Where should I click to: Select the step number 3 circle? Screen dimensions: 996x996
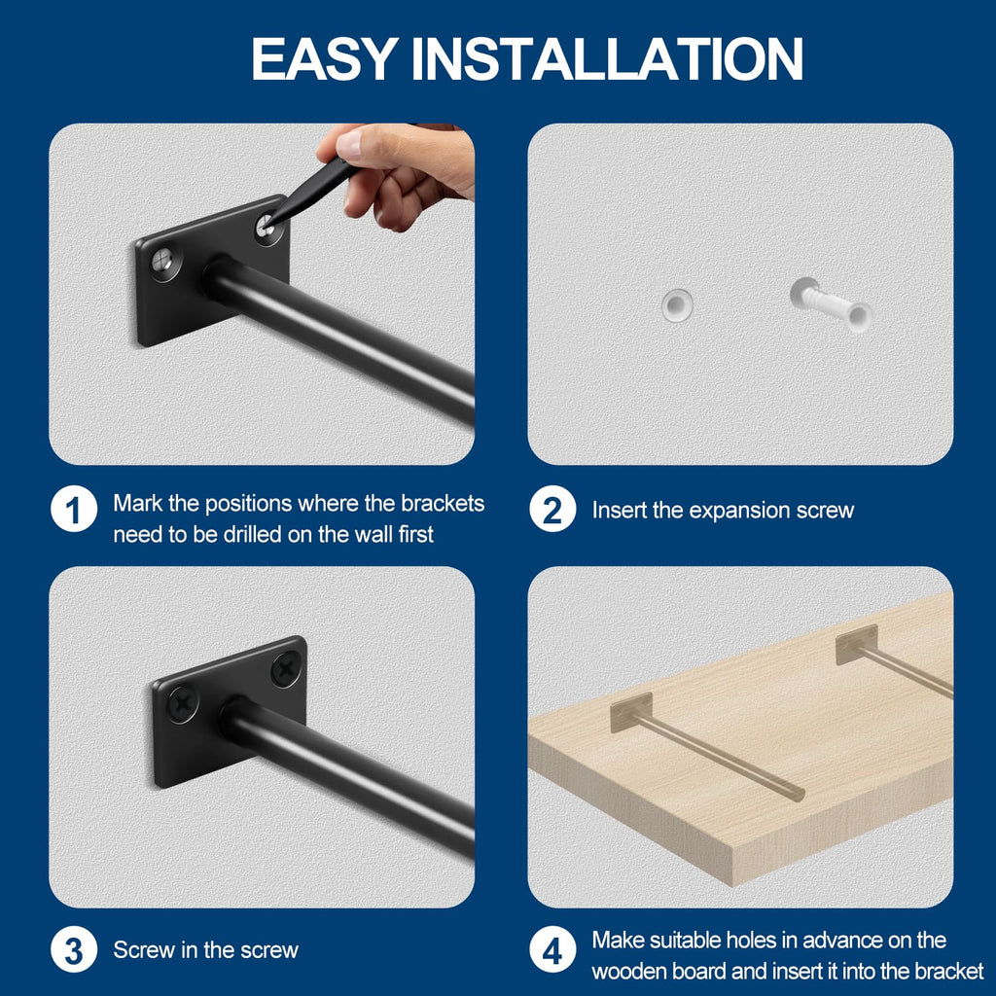coord(74,949)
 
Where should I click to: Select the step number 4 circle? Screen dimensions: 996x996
coord(552,950)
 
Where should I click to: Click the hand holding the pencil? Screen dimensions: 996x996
coord(404,170)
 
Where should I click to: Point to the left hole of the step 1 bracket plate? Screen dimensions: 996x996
coord(164,261)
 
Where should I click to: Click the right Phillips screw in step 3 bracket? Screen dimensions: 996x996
coord(285,668)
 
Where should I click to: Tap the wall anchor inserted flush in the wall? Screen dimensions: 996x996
coord(677,305)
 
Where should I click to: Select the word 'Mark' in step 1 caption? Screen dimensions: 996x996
coord(135,503)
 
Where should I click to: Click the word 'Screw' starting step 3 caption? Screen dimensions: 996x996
coord(142,950)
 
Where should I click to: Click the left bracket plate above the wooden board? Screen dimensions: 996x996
coord(630,711)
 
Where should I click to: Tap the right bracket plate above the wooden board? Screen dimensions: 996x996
coord(856,644)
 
